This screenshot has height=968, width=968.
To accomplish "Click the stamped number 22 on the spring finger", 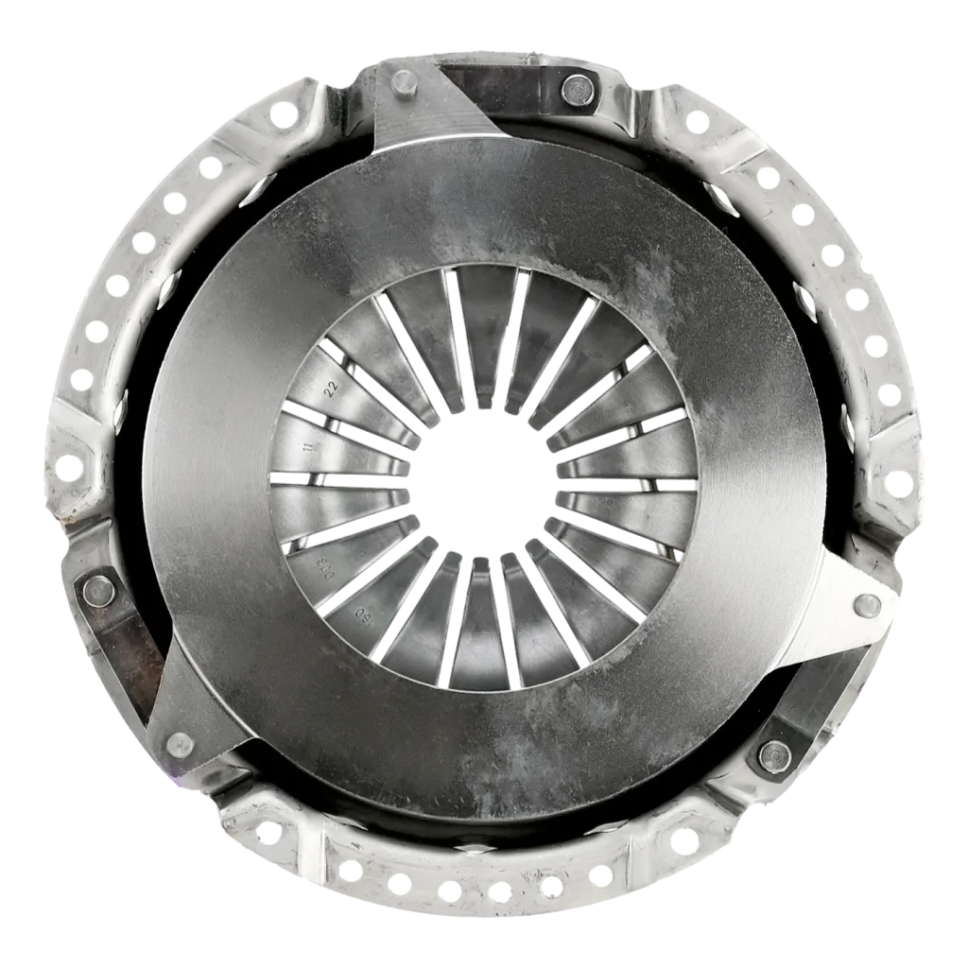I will click(331, 388).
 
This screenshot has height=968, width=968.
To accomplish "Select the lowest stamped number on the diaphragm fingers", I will click(362, 618).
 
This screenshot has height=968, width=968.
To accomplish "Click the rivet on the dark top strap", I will click(575, 90).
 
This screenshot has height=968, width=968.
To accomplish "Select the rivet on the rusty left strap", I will click(98, 591).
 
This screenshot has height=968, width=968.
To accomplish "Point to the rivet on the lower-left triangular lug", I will click(177, 744).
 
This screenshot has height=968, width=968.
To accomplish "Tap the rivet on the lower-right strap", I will click(772, 753).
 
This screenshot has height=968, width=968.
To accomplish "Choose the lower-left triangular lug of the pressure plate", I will click(189, 709).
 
